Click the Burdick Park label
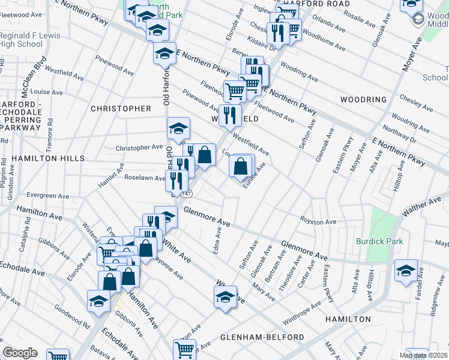coord(379,241)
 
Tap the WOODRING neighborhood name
coord(363,100)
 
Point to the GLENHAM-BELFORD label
coord(262,337)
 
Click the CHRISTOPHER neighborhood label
coord(121,109)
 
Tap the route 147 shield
coord(187,194)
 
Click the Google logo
coord(20,353)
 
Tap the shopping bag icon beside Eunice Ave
coord(240,166)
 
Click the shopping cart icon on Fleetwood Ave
coord(235,92)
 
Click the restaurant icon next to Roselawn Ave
coord(175,179)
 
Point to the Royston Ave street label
coord(318,221)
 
